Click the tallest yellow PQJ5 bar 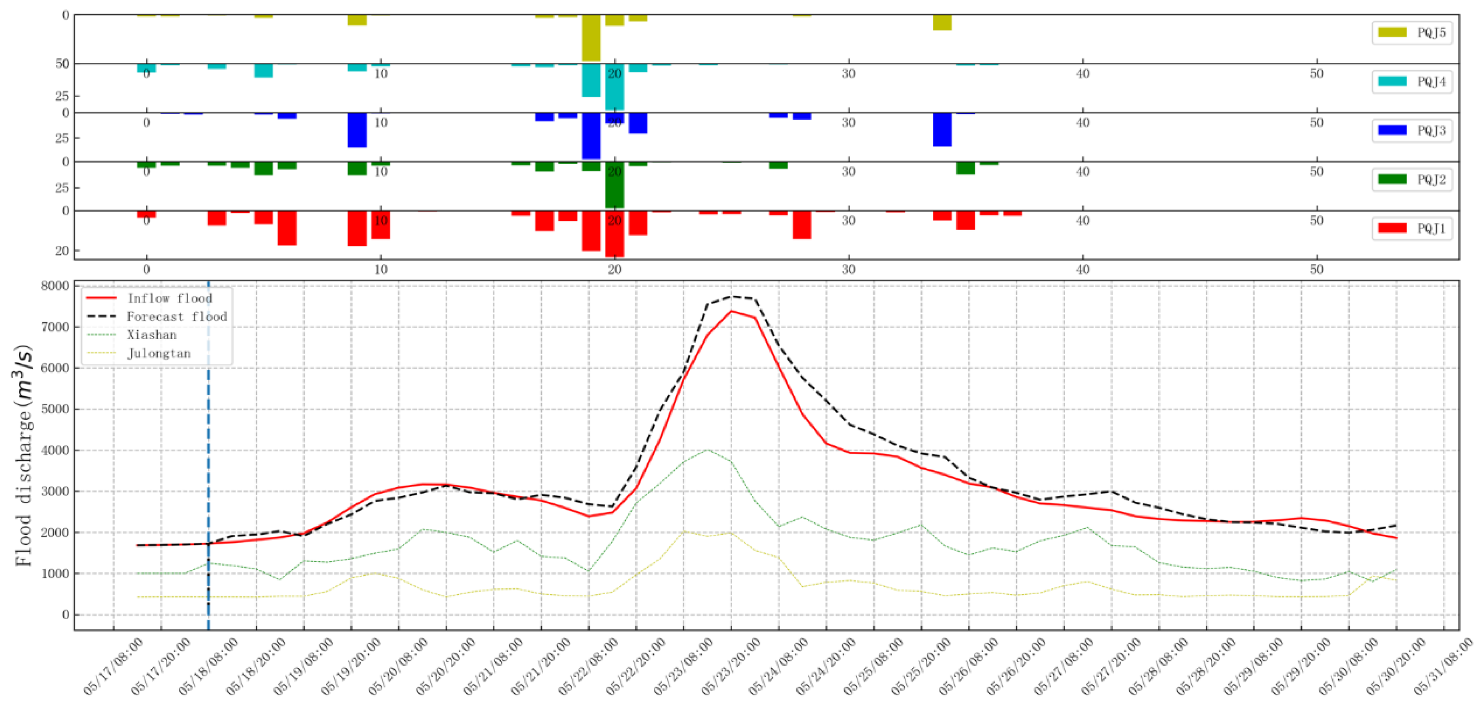click(591, 38)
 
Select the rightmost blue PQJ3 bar click(966, 113)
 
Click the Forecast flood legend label click(176, 316)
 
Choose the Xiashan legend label click(151, 335)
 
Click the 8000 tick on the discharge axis click(55, 286)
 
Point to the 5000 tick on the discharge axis click(55, 409)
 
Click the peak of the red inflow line click(731, 311)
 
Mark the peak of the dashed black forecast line click(731, 297)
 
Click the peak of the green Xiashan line click(707, 450)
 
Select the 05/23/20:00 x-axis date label click(730, 666)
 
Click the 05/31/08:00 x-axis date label click(1443, 666)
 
